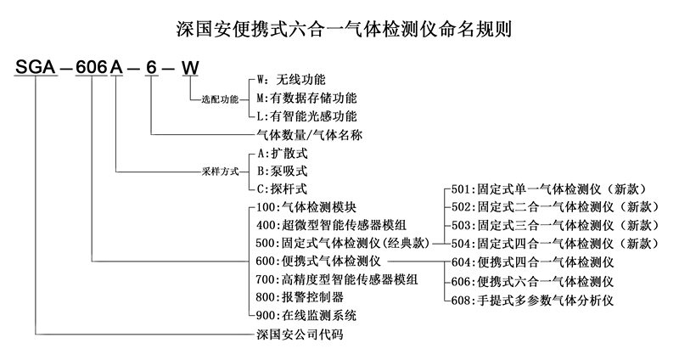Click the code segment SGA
pos(35,68)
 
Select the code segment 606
pos(91,68)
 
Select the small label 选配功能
pos(220,99)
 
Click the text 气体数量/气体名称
pos(306,134)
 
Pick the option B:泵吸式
pos(280,171)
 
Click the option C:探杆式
pos(280,188)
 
